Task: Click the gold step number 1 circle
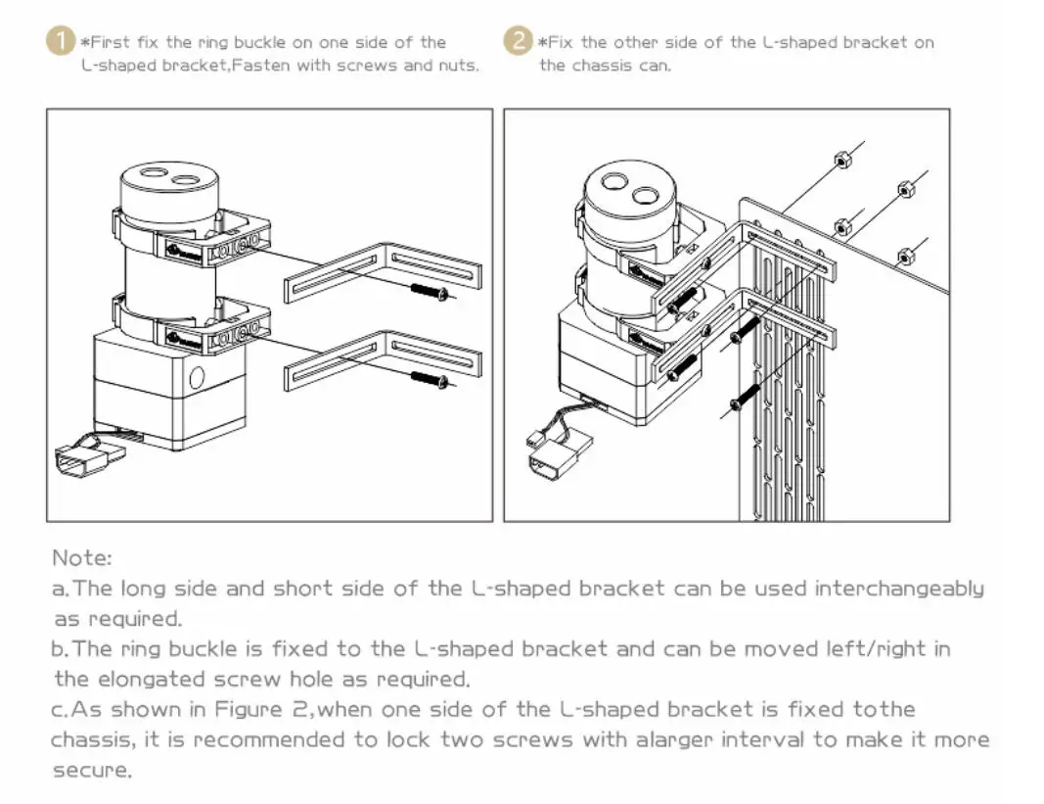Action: click(60, 41)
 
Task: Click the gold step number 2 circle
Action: click(518, 41)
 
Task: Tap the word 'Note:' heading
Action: click(82, 557)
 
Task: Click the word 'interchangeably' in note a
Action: click(899, 590)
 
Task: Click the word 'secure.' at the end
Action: click(93, 770)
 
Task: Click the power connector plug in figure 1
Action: click(89, 458)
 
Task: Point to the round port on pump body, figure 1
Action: click(197, 378)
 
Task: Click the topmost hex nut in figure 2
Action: click(842, 160)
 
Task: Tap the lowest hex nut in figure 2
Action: click(905, 256)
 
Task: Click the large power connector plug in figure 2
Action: click(559, 454)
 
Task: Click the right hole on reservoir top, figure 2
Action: click(645, 196)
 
